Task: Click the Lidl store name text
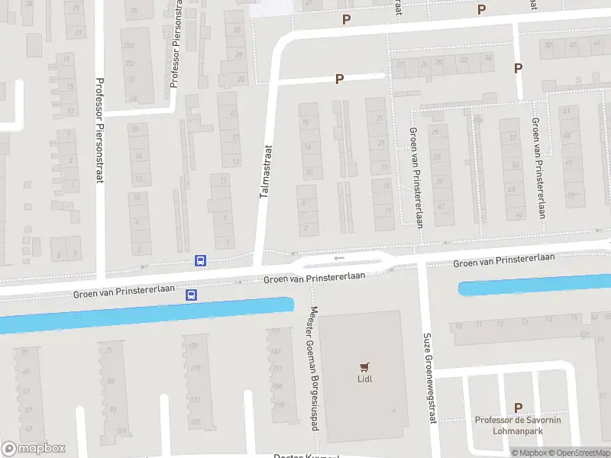(365, 379)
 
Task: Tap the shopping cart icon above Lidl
(365, 366)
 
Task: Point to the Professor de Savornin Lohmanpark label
(518, 425)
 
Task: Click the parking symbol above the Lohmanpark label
(519, 408)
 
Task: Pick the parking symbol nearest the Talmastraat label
(339, 79)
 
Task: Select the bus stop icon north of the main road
(200, 261)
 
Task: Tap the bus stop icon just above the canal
(192, 295)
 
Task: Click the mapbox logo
(34, 449)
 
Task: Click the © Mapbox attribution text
(529, 453)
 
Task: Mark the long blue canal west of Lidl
(145, 314)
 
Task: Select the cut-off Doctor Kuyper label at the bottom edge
(305, 456)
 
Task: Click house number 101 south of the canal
(120, 431)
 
